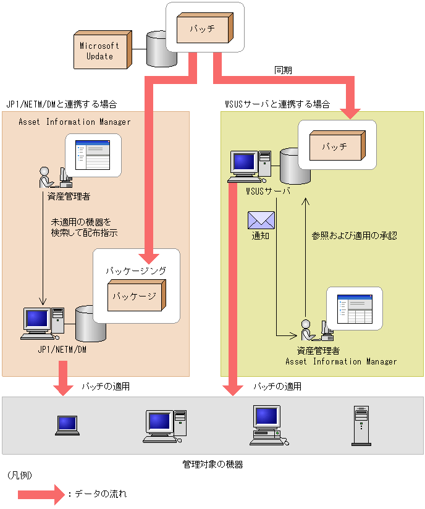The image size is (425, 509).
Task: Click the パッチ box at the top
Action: [x=203, y=28]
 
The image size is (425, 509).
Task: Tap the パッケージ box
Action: [x=135, y=295]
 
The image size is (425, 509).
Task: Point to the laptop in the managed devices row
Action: [x=67, y=424]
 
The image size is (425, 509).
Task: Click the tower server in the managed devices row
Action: [x=360, y=426]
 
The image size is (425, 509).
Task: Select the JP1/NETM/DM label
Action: [x=61, y=349]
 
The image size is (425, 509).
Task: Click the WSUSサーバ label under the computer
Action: [x=267, y=191]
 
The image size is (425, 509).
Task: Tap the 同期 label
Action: [x=283, y=71]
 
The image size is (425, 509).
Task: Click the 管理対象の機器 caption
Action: [x=212, y=464]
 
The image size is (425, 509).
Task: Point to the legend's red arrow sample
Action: [x=41, y=494]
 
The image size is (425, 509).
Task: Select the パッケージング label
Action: [x=135, y=271]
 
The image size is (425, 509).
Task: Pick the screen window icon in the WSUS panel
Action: [x=354, y=308]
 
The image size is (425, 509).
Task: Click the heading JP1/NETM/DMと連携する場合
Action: [x=61, y=104]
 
